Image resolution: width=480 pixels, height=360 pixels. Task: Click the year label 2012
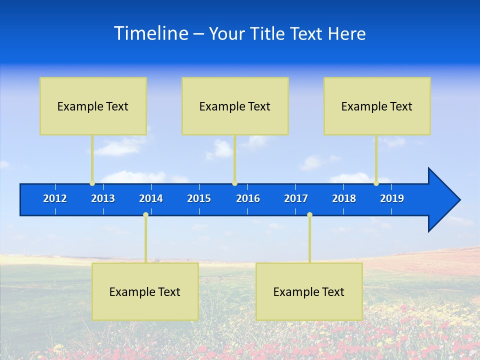pyautogui.click(x=55, y=198)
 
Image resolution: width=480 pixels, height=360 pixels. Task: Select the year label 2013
pyautogui.click(x=103, y=198)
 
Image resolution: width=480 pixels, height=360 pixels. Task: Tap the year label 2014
pyautogui.click(x=151, y=198)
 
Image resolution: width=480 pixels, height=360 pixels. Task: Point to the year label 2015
pyautogui.click(x=199, y=198)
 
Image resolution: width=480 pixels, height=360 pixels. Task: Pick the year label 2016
pyautogui.click(x=248, y=198)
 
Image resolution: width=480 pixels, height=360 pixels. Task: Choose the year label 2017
pyautogui.click(x=296, y=198)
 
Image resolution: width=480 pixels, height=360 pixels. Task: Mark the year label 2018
pyautogui.click(x=344, y=198)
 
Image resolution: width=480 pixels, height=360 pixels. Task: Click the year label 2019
pyautogui.click(x=392, y=198)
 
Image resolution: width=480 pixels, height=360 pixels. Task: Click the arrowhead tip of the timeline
pyautogui.click(x=458, y=200)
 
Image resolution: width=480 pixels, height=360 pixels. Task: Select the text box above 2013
pyautogui.click(x=93, y=106)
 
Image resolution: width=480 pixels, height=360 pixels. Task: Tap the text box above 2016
pyautogui.click(x=235, y=106)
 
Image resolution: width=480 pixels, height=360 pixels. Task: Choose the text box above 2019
pyautogui.click(x=377, y=106)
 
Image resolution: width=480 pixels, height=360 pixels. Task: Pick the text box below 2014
pyautogui.click(x=145, y=291)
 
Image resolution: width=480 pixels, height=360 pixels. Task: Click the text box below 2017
pyautogui.click(x=309, y=291)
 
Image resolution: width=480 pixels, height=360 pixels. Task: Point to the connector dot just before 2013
pyautogui.click(x=92, y=183)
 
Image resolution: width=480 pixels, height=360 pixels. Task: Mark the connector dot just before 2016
pyautogui.click(x=234, y=183)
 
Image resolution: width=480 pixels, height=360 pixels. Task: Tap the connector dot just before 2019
pyautogui.click(x=376, y=183)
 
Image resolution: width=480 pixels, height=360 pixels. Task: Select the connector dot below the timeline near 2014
pyautogui.click(x=145, y=215)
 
